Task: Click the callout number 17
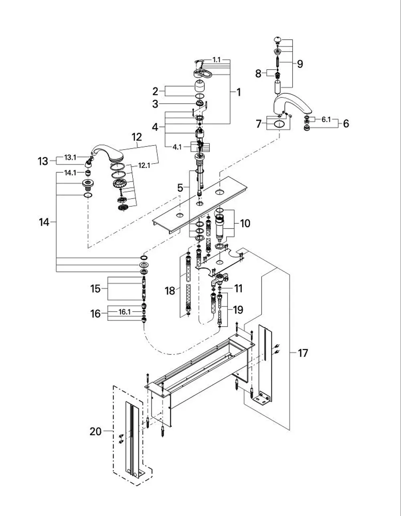tap(303, 353)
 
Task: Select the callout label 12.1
tap(144, 165)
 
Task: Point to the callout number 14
tap(44, 223)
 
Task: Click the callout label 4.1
tap(177, 147)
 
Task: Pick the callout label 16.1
tap(125, 312)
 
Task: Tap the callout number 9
tap(300, 64)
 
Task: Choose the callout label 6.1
tap(326, 120)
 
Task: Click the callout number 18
tap(170, 291)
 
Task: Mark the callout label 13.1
tap(70, 158)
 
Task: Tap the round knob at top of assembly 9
tap(277, 39)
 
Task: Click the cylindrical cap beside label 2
tap(199, 86)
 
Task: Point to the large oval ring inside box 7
tap(279, 124)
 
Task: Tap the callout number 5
tap(180, 188)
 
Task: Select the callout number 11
tap(238, 289)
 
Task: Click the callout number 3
tap(155, 104)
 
